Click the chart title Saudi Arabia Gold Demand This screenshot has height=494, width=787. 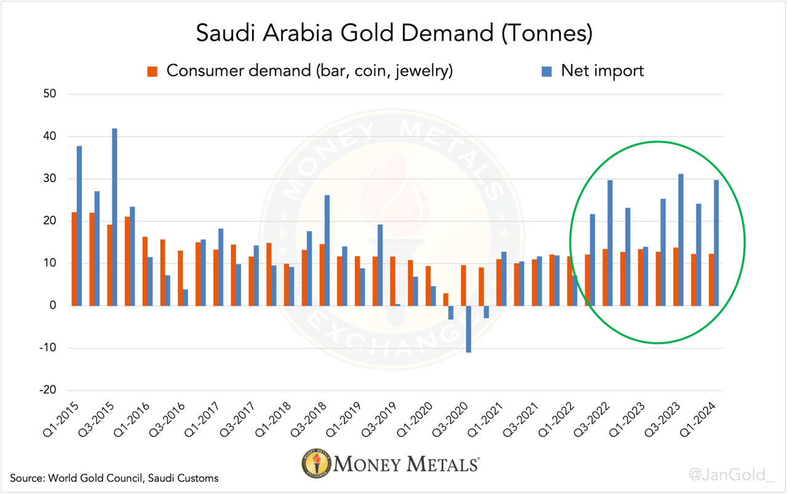click(x=393, y=33)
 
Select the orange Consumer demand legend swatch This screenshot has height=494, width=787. click(x=152, y=71)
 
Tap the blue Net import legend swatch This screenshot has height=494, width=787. click(x=546, y=71)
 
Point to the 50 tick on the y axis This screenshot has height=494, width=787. click(x=49, y=94)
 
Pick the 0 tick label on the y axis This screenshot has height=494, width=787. click(x=53, y=306)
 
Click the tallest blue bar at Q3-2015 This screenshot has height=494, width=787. click(x=115, y=217)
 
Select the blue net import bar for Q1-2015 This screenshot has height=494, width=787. click(x=79, y=226)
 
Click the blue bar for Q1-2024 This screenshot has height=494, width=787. click(x=716, y=242)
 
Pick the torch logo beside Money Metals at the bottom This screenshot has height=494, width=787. click(x=315, y=463)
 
